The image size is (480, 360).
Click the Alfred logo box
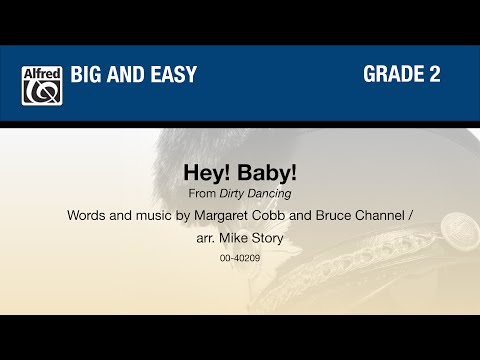pos(41,85)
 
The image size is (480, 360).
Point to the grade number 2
pos(435,75)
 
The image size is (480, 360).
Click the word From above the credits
pos(201,194)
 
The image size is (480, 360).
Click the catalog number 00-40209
pos(238,260)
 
